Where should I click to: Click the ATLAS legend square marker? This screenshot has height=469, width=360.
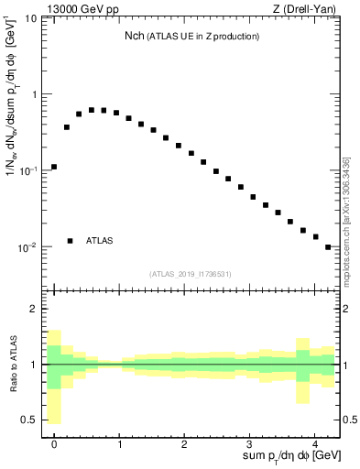(71, 241)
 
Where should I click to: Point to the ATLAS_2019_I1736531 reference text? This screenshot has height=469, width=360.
(191, 274)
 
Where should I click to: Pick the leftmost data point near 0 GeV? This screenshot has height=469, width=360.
(54, 167)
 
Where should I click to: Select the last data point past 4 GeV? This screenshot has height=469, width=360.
(328, 246)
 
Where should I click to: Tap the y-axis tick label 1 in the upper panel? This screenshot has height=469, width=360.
(35, 94)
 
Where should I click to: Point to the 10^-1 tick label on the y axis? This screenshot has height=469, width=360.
(30, 170)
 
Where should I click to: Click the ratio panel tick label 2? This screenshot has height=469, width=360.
(35, 309)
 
